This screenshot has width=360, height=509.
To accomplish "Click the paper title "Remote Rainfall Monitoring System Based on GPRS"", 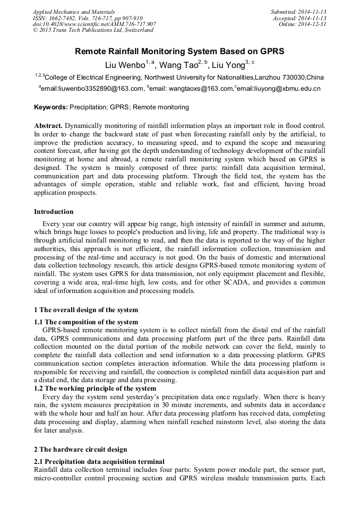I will (x=179, y=51).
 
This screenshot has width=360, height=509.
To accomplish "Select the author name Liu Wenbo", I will (x=124, y=65).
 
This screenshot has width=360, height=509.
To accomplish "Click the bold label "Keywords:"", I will (x=51, y=107).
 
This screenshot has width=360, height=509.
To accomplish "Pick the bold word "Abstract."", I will (x=48, y=126).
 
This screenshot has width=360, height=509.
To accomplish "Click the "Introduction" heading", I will (x=54, y=211).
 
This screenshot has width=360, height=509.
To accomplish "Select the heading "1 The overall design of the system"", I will (x=86, y=309).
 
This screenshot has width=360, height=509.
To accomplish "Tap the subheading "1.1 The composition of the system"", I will (x=86, y=322).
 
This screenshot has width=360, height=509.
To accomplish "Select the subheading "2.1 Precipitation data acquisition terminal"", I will (x=99, y=461).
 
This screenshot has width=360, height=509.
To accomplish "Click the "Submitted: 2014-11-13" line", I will (x=298, y=11).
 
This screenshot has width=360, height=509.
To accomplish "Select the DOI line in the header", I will (x=94, y=24).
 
